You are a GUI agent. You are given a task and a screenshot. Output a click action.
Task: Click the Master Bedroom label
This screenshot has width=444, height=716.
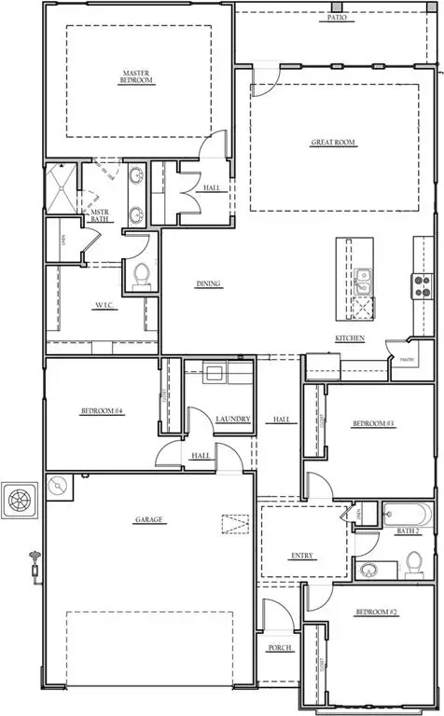click(x=137, y=76)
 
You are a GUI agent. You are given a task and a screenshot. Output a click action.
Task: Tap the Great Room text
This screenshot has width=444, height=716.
click(x=333, y=143)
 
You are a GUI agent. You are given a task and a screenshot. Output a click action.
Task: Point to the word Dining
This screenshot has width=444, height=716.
click(x=208, y=284)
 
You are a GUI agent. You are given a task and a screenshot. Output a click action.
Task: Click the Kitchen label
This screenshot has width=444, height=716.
click(x=349, y=337)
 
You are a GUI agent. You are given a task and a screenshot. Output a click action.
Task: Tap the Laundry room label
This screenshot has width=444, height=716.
click(x=232, y=420)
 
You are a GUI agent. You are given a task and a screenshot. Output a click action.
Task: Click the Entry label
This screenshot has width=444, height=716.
click(x=303, y=557)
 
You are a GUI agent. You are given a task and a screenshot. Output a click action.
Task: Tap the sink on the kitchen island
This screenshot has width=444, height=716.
click(x=361, y=277)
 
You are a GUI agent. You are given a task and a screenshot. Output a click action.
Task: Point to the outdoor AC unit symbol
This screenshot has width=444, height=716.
click(x=19, y=500)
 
